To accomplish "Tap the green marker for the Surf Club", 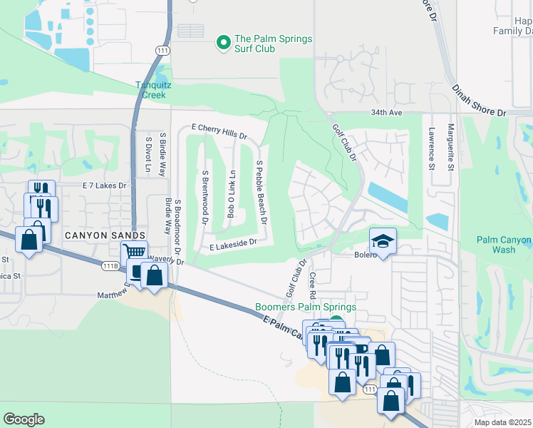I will (x=224, y=44).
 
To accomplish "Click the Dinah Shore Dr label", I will (x=478, y=100).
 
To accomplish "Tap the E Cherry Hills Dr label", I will (x=219, y=131).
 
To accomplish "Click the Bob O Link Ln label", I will (x=231, y=194).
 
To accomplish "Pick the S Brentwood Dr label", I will (x=204, y=198).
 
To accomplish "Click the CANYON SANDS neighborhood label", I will (x=106, y=235).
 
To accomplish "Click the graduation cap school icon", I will (x=382, y=240).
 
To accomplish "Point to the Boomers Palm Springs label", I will (x=306, y=308).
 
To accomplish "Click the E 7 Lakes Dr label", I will (x=104, y=185).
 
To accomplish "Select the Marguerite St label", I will (x=451, y=148).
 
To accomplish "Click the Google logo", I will (x=24, y=419).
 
